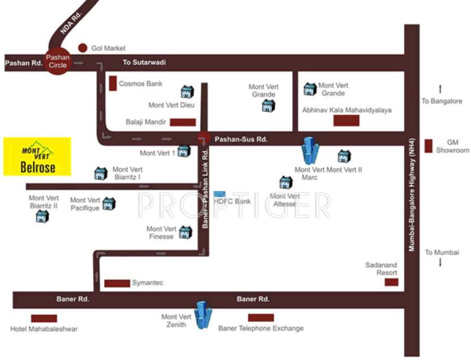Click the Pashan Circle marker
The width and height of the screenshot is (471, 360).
pos(58,61)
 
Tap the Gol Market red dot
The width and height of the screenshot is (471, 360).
pos(83,48)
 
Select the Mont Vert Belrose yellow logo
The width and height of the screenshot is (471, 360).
pos(37,156)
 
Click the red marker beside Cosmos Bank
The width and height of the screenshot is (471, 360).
pos(113,84)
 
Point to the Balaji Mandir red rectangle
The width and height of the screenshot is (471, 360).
pos(183,122)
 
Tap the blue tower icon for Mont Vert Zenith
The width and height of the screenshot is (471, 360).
pos(202,315)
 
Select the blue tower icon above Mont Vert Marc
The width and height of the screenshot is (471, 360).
pos(310,150)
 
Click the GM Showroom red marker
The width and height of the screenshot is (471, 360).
pos(429,146)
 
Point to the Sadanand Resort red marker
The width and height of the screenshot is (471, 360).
pos(391,281)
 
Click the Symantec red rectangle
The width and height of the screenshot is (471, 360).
pos(117,283)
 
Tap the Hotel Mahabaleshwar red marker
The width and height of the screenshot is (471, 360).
pos(44,318)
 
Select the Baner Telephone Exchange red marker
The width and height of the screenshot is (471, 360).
pos(261,318)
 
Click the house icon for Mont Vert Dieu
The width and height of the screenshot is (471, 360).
pos(187,92)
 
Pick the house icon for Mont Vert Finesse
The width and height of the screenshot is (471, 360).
pos(185,232)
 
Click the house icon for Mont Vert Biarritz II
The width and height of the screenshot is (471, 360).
pos(42,216)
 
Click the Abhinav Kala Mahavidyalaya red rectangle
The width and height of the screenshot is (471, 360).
pos(346,120)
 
